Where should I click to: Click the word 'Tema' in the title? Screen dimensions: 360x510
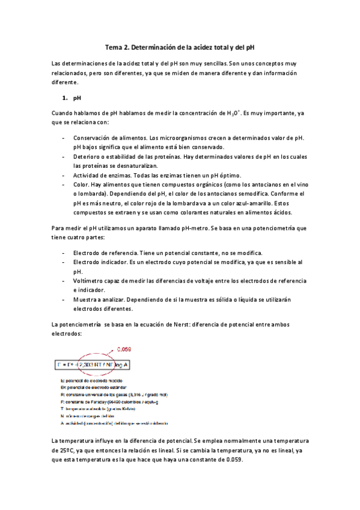(x=114, y=46)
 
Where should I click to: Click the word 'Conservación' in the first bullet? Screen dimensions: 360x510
(x=93, y=138)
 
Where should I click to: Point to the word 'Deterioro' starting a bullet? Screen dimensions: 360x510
(x=87, y=156)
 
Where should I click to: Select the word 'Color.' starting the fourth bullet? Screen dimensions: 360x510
(x=82, y=184)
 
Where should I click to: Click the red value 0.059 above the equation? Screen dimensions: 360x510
(x=124, y=349)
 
